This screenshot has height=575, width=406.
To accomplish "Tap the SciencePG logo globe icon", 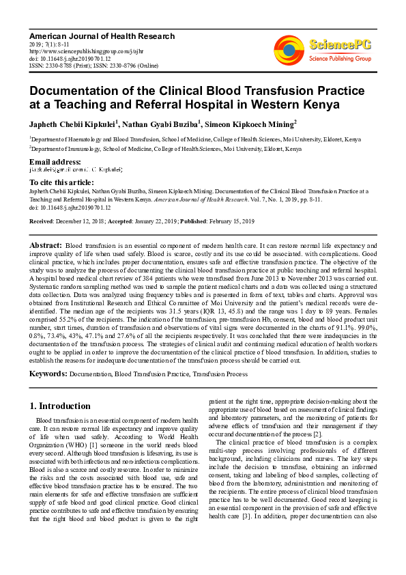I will (289, 49).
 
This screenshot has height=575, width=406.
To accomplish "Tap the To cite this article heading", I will (61, 183).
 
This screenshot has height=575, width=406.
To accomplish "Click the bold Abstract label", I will (45, 244).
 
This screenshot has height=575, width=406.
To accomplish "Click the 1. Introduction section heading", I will (61, 406).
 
